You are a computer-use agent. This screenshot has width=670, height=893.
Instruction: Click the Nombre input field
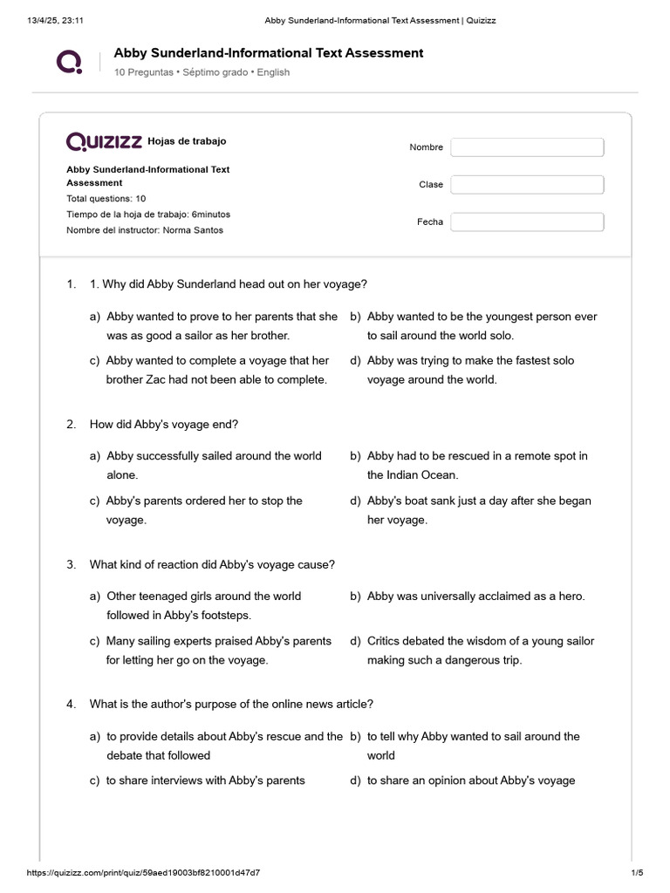tap(527, 147)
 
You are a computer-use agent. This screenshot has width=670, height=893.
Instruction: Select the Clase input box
tap(527, 185)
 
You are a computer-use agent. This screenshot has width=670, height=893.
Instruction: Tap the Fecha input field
tap(527, 222)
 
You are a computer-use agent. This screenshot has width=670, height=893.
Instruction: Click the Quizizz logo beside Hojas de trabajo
tap(104, 141)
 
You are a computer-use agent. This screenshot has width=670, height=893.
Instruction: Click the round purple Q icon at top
tap(69, 62)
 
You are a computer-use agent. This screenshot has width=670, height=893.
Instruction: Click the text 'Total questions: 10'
tap(106, 199)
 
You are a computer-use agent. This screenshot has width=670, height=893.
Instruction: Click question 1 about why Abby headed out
tap(229, 284)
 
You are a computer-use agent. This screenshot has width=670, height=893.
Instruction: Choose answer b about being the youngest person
tap(482, 326)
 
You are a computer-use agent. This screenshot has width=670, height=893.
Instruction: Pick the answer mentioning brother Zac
tap(216, 370)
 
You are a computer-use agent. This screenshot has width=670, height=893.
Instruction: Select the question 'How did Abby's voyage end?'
tap(164, 425)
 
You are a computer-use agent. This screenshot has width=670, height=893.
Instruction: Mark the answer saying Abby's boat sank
tap(479, 510)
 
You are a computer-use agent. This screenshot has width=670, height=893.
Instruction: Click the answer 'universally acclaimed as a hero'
tap(475, 596)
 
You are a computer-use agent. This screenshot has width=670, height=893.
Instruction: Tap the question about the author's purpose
tap(231, 704)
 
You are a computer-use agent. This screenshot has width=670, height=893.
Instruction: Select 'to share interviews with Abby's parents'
tap(205, 781)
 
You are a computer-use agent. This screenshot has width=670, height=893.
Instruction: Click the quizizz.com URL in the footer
tap(143, 873)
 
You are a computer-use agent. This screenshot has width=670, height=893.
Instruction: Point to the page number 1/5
tap(636, 873)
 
